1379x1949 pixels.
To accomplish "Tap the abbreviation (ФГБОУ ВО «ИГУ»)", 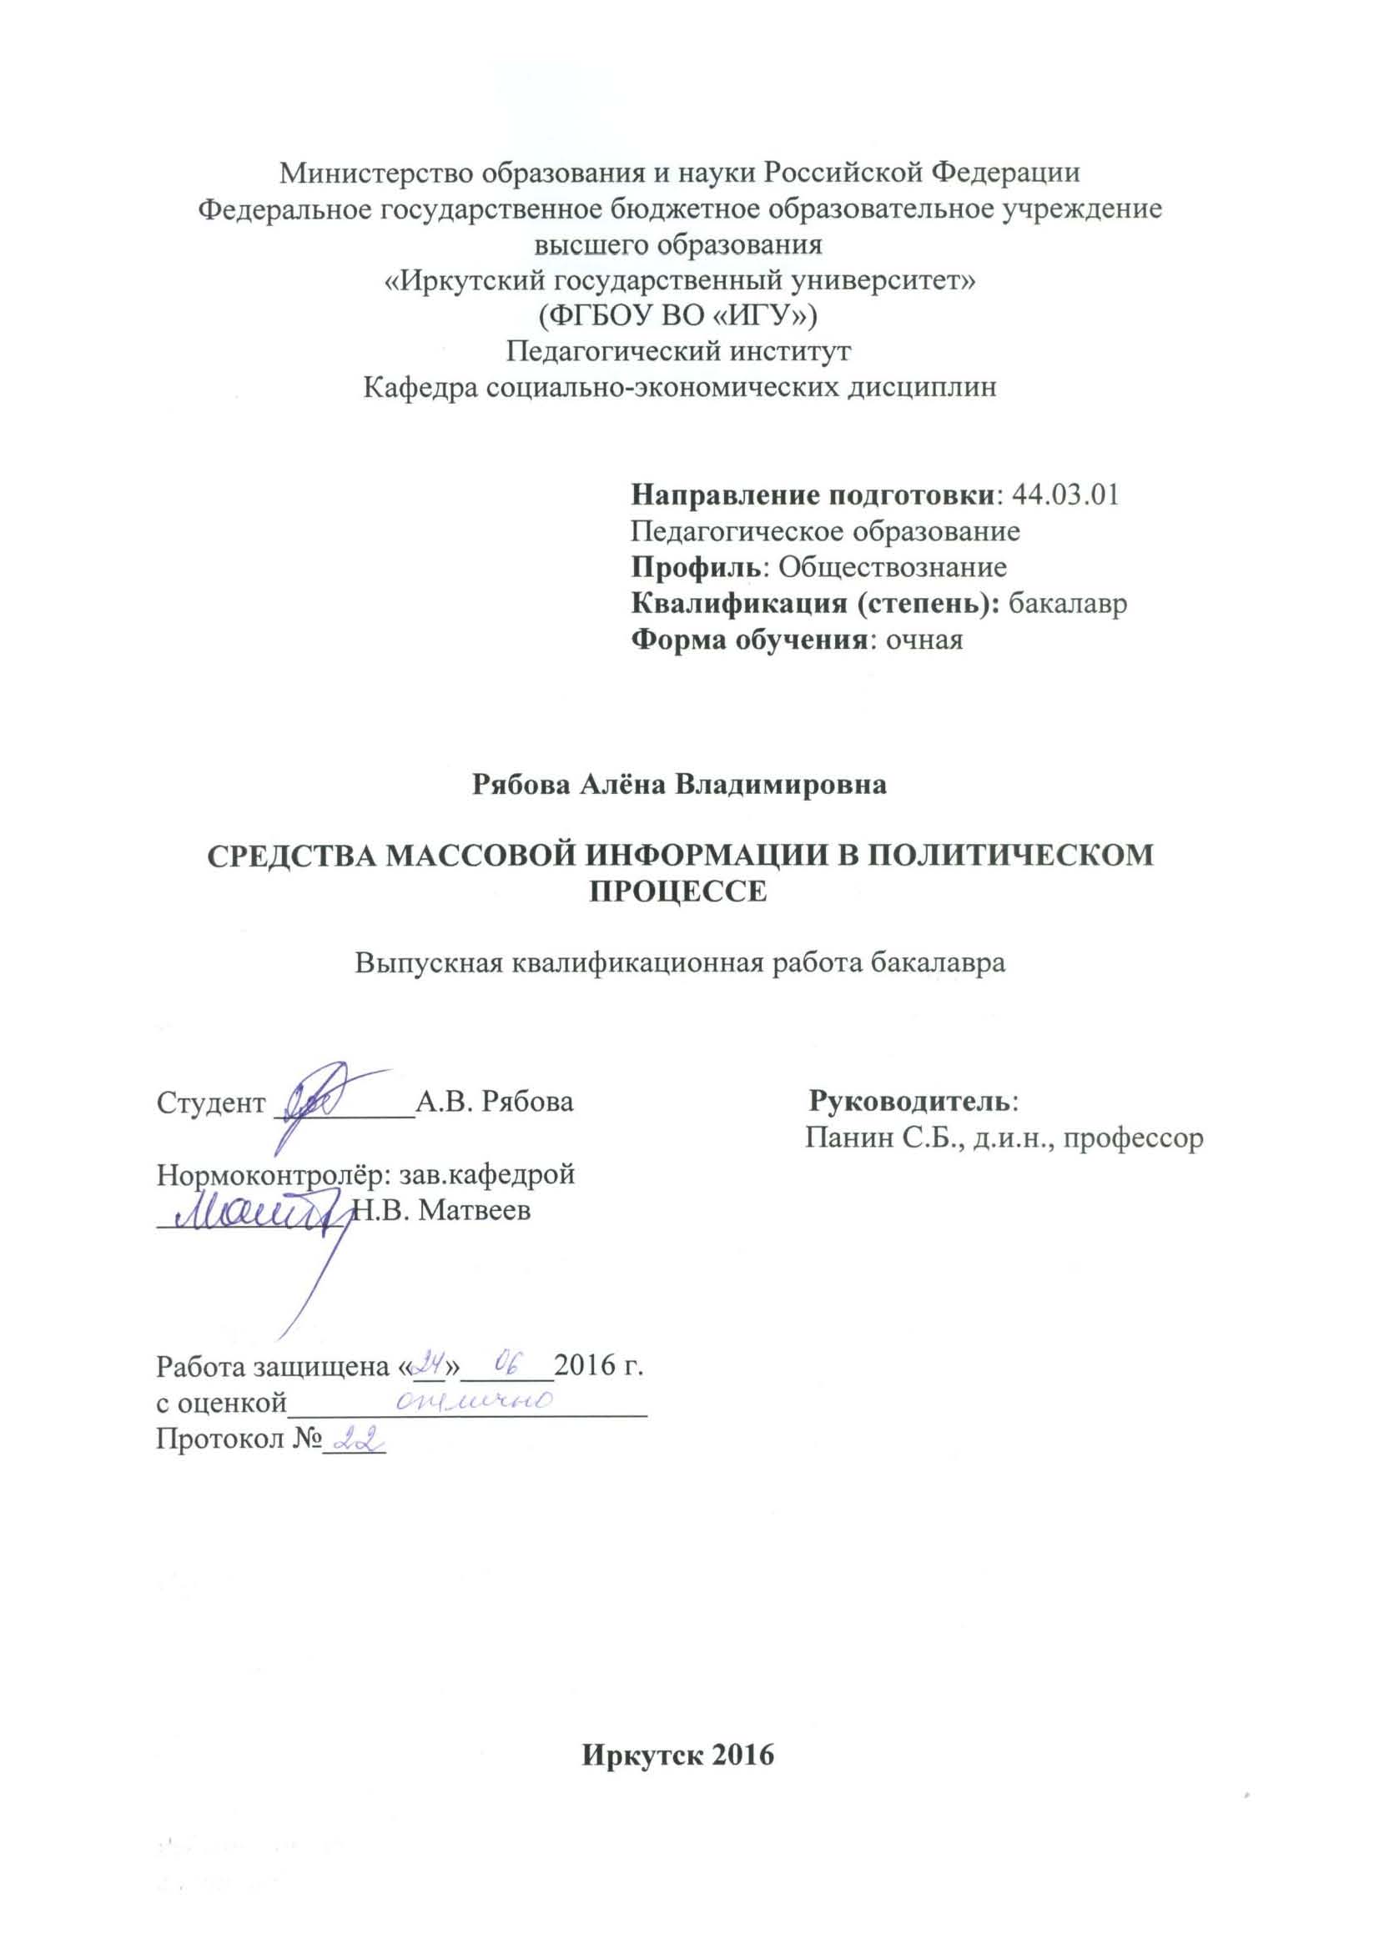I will click(x=678, y=316).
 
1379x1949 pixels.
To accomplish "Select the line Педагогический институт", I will click(x=678, y=350).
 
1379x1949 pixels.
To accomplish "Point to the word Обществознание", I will click(x=893, y=567).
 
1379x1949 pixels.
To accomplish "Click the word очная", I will click(x=924, y=639).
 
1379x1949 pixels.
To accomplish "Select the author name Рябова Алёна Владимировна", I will click(x=679, y=784).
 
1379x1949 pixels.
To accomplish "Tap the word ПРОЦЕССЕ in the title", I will click(x=678, y=892).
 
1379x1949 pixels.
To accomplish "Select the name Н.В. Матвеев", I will click(x=441, y=1210).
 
